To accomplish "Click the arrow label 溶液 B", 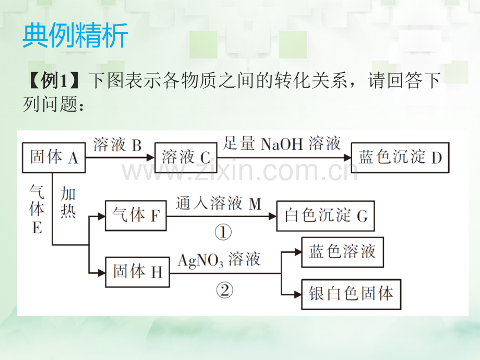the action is [x=117, y=145].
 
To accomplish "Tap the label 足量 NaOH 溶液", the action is [x=282, y=143].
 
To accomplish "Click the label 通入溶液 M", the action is [x=219, y=203].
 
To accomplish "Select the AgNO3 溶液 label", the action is [x=219, y=260].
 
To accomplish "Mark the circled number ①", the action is [x=223, y=232].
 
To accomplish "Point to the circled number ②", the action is [x=224, y=290].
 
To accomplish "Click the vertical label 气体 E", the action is [x=37, y=209].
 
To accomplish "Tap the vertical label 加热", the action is [x=68, y=202].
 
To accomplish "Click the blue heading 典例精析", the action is [x=75, y=35].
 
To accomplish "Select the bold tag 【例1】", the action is [x=54, y=81].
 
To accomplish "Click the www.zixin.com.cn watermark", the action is [x=239, y=172].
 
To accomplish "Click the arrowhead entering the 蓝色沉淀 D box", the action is [x=347, y=158].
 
